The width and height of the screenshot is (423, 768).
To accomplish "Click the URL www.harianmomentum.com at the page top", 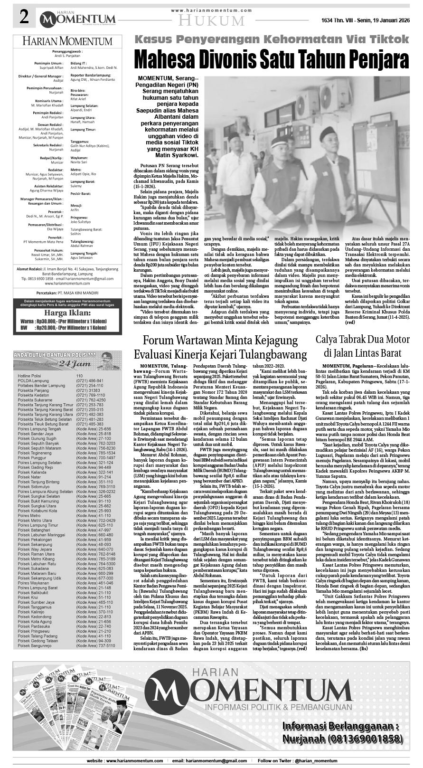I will tap(212, 10).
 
